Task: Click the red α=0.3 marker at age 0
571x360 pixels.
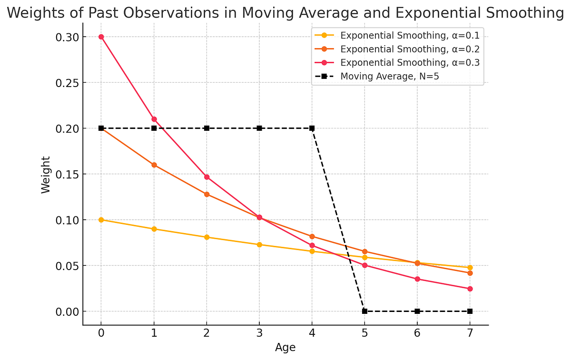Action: [101, 37]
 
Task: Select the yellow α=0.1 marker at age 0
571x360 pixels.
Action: [101, 220]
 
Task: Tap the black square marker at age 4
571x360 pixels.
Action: [312, 128]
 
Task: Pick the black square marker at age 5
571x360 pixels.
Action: [364, 311]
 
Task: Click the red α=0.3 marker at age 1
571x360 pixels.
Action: [154, 119]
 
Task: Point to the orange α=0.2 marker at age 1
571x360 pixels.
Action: [154, 165]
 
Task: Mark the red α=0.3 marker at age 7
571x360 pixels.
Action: [470, 289]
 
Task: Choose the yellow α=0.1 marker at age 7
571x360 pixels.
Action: [470, 268]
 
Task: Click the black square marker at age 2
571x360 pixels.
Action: [207, 128]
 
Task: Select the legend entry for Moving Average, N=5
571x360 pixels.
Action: [390, 76]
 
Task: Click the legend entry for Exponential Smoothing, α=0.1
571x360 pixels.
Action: [410, 36]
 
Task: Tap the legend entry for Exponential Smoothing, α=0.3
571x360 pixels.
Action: [410, 63]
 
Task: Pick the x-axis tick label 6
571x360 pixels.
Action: [417, 333]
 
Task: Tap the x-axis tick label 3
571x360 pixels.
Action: [259, 333]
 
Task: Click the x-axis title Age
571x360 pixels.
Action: [285, 348]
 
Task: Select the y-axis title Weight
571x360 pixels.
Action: [46, 175]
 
